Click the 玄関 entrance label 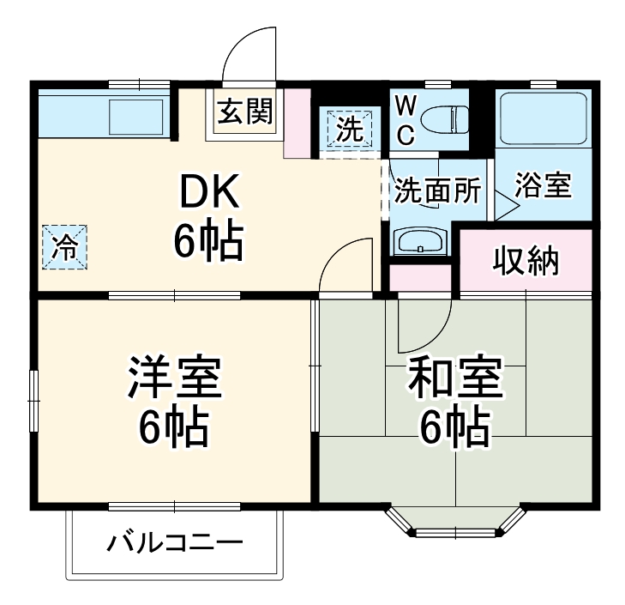pos(244,112)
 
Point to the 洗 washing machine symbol pos(349,129)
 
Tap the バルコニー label pos(175,543)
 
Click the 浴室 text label pos(543,185)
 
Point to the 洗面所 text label pos(436,191)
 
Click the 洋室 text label pos(175,378)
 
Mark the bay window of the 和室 pos(454,522)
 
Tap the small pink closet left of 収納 pos(420,277)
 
